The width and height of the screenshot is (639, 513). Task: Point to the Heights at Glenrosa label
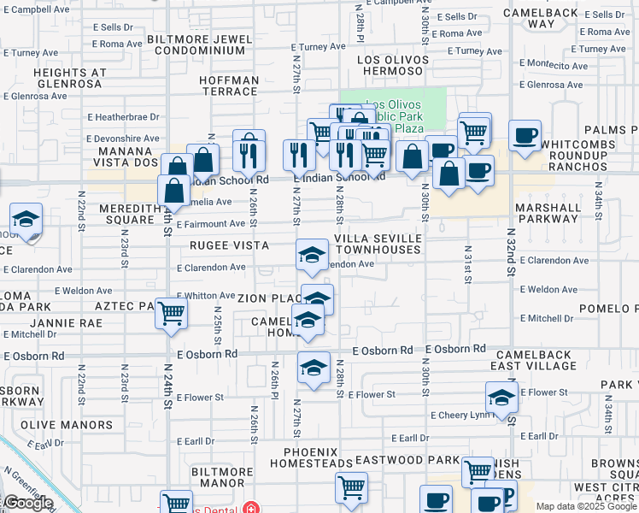pyautogui.click(x=69, y=79)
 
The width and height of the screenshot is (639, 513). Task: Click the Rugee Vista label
pyautogui.click(x=229, y=245)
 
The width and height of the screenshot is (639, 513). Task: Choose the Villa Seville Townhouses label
pyautogui.click(x=378, y=244)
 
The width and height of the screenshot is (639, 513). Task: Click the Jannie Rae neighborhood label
pyautogui.click(x=66, y=323)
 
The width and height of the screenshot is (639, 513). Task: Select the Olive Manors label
pyautogui.click(x=67, y=425)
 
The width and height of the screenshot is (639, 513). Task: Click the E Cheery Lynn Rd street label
pyautogui.click(x=462, y=416)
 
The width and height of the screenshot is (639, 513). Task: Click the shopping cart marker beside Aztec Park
pyautogui.click(x=171, y=314)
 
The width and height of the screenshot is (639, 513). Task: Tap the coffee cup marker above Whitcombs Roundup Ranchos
pyautogui.click(x=525, y=135)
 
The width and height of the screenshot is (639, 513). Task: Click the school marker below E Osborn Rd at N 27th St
pyautogui.click(x=314, y=369)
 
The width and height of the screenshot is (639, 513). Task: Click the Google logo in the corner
pyautogui.click(x=27, y=503)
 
